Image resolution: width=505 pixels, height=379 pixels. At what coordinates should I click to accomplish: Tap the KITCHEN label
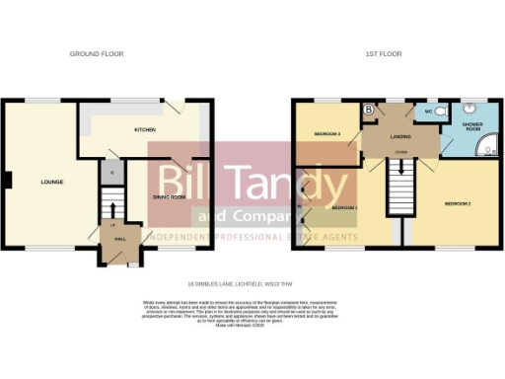pos(146,129)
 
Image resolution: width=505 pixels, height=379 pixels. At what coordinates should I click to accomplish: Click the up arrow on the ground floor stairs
pos(111,210)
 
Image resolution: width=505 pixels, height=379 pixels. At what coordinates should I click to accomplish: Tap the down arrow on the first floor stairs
pos(400,180)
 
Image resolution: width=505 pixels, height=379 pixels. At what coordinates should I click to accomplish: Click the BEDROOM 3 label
pos(327,133)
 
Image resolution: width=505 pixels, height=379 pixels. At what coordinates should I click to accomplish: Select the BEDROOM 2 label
pos(457,203)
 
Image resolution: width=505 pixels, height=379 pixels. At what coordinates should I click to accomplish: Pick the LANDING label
pos(399,137)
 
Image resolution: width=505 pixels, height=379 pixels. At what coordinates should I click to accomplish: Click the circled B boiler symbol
pos(368,111)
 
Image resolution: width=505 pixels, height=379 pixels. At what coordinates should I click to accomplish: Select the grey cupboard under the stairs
pos(111,174)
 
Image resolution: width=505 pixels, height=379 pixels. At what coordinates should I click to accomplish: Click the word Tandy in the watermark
pos(296,184)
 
